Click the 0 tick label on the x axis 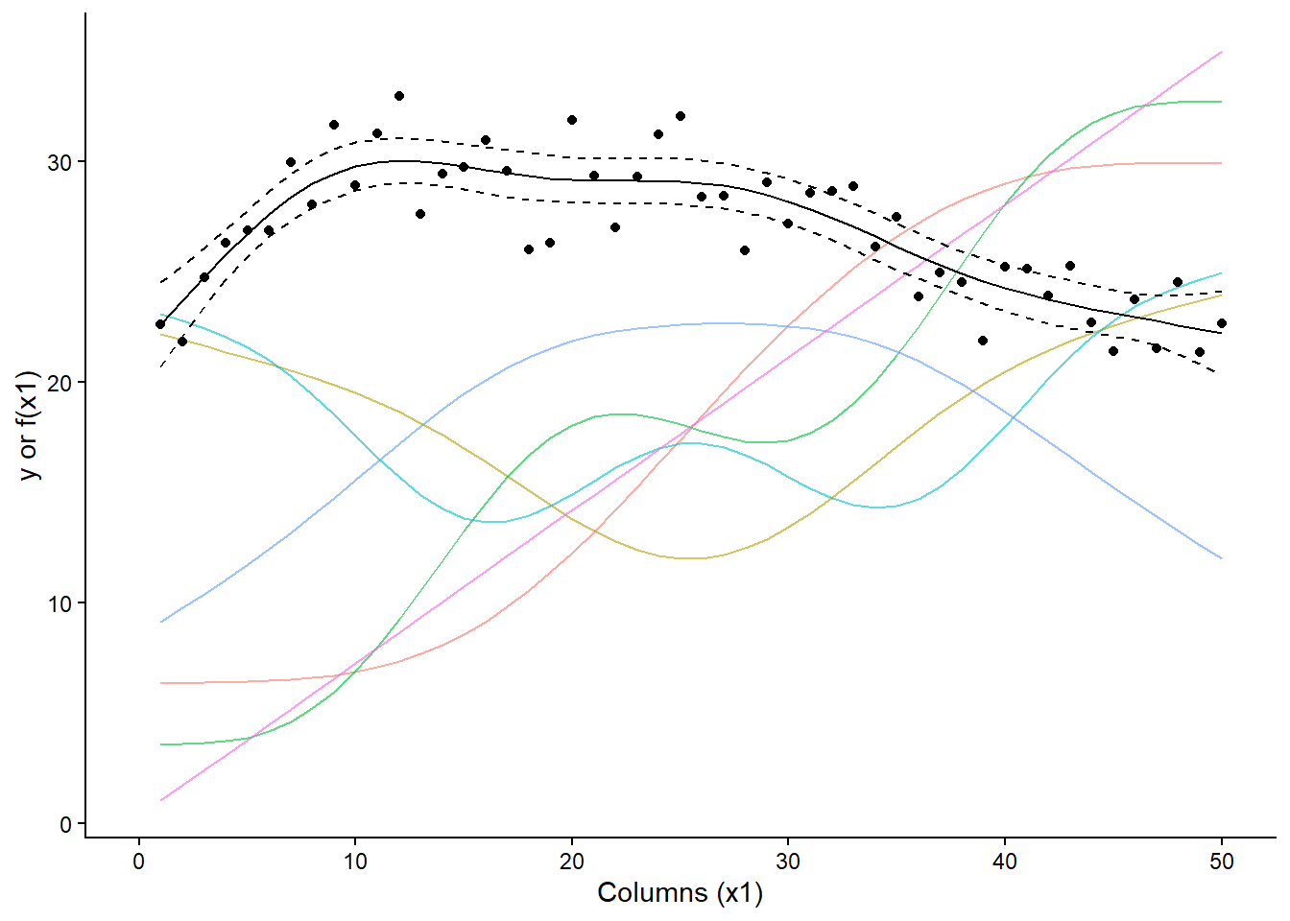[139, 862]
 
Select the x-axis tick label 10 [355, 862]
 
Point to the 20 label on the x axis [572, 862]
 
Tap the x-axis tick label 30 [788, 862]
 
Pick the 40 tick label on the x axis [1005, 862]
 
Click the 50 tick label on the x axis [1221, 862]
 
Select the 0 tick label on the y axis [66, 824]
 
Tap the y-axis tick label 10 [60, 603]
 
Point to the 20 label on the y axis [60, 383]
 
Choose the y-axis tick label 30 [60, 162]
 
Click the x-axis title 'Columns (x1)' [680, 893]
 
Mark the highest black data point [399, 96]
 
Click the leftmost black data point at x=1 [160, 324]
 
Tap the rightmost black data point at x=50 [1221, 323]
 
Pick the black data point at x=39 [983, 341]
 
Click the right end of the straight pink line [1221, 52]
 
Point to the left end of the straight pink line [161, 800]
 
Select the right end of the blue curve [1221, 558]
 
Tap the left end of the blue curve [161, 622]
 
